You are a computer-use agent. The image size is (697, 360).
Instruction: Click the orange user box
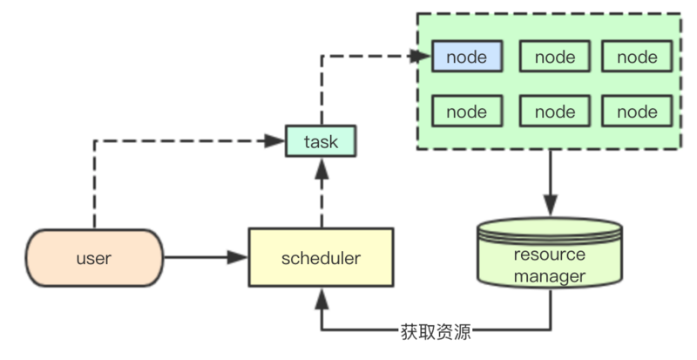pos(94,258)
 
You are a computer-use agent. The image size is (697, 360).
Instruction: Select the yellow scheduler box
pos(321,258)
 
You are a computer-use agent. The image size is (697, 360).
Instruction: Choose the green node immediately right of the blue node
pos(555,58)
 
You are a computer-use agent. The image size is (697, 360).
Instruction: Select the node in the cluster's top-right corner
pos(637,58)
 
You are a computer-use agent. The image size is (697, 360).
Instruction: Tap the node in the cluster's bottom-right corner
pos(637,112)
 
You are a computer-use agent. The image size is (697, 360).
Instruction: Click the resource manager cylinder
pos(551,258)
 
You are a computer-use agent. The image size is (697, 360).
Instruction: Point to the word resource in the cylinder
pos(551,255)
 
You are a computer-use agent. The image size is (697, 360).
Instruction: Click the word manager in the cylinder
pos(551,277)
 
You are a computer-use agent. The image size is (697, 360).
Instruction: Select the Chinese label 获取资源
pos(435,330)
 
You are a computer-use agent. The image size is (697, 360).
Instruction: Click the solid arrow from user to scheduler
pos(206,258)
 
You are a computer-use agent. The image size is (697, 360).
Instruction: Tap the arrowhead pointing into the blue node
pos(423,57)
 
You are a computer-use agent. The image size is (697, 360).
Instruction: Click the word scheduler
pos(321,258)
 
